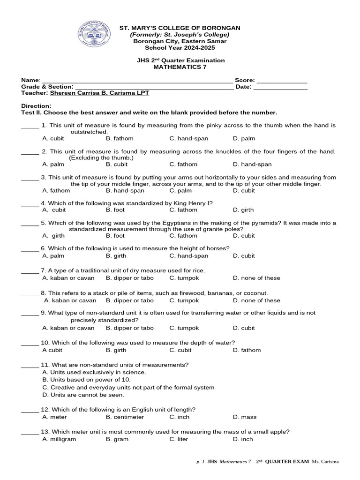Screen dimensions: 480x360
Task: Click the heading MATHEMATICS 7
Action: click(180, 67)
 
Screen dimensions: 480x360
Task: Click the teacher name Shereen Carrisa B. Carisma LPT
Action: click(96, 93)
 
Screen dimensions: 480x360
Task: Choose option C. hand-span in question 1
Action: click(189, 139)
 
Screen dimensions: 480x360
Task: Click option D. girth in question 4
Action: click(243, 210)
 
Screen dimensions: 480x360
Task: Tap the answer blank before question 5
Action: click(30, 224)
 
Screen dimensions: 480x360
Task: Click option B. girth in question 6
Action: click(117, 256)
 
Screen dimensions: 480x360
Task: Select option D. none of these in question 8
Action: click(256, 300)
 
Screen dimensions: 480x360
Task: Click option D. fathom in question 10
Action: click(247, 350)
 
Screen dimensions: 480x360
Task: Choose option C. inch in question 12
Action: click(180, 417)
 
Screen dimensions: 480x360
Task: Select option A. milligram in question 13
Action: click(59, 439)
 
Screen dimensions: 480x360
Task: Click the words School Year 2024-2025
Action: click(180, 48)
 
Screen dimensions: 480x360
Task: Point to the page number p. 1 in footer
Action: click(201, 462)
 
